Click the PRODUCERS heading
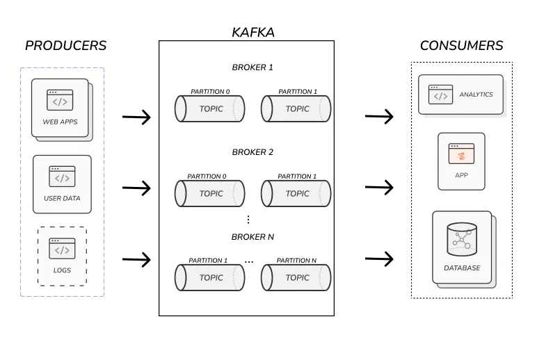[65, 46]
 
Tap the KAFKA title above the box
[253, 32]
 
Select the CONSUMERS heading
[461, 46]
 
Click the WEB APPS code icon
[61, 101]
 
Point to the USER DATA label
[62, 198]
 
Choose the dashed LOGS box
[62, 256]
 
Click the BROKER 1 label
[253, 67]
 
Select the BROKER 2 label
[253, 152]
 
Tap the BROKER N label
[253, 237]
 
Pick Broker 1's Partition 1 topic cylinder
[296, 109]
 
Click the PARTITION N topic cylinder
[296, 278]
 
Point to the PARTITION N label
[296, 261]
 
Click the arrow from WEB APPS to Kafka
[137, 117]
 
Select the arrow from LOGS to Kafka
[137, 260]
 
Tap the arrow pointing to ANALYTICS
[379, 117]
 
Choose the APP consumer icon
[461, 154]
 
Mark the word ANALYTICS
[476, 95]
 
